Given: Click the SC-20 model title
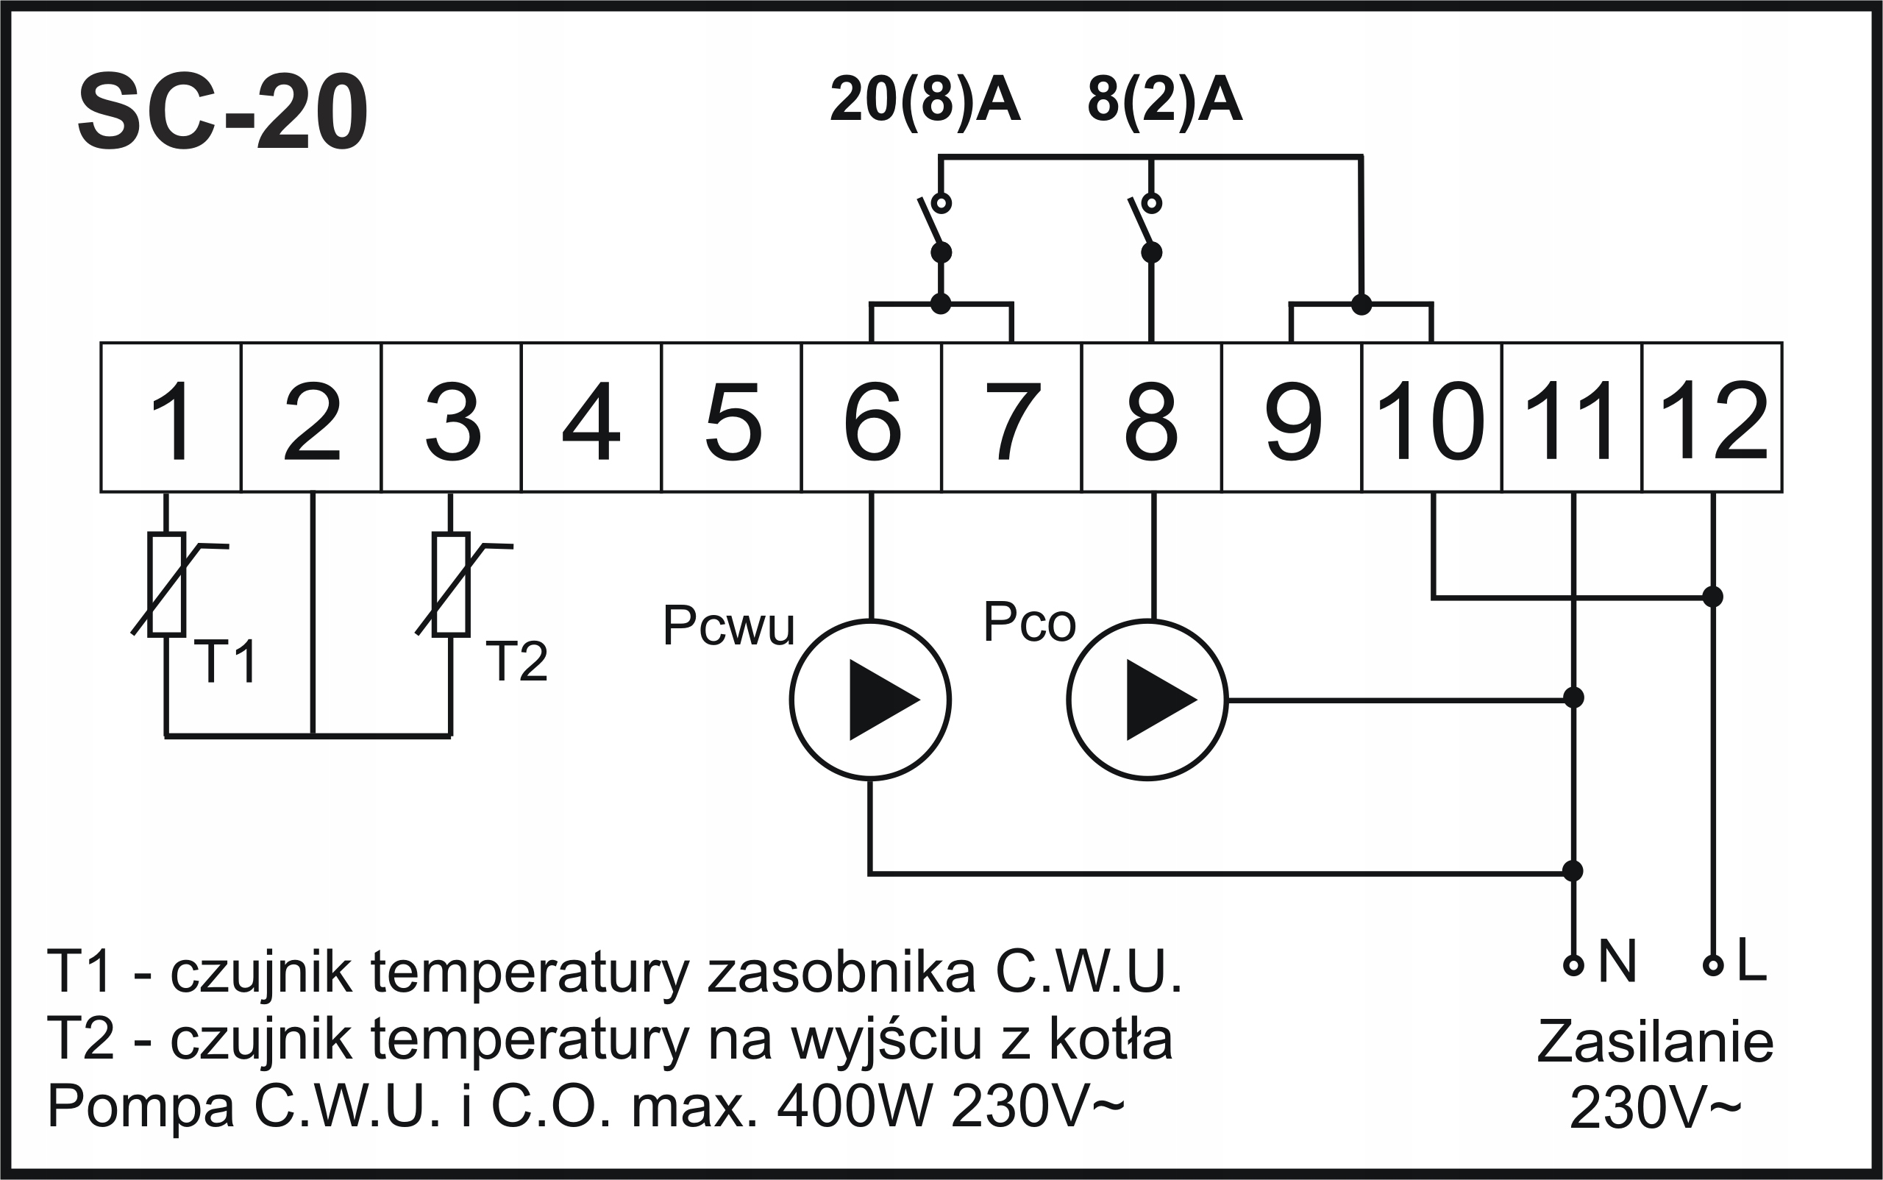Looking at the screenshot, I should click(x=222, y=113).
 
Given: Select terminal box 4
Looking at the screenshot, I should click(x=591, y=419).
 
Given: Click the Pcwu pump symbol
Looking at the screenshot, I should click(x=870, y=700).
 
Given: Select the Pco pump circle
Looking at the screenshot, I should click(x=1147, y=700).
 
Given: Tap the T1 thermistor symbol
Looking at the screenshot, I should click(x=167, y=585).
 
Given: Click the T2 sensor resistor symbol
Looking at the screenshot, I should click(x=451, y=585).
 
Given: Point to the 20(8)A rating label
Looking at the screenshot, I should click(x=925, y=100).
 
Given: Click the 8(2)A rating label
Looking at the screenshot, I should click(x=1164, y=100).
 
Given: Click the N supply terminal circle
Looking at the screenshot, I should click(x=1574, y=965).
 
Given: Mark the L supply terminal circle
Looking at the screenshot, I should click(x=1713, y=965).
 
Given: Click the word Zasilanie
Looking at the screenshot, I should click(x=1655, y=1042).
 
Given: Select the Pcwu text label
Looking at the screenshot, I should click(x=728, y=626).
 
